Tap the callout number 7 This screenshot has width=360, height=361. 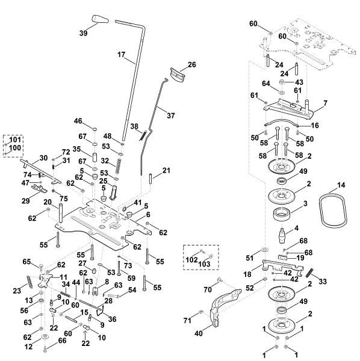coord(326,104)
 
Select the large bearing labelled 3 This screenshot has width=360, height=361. coord(282,213)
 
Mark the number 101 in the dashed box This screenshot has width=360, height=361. coord(15,140)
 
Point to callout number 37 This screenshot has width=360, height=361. coord(172,115)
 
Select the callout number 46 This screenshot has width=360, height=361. coord(78,122)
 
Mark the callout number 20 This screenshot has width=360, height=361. coord(47,202)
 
